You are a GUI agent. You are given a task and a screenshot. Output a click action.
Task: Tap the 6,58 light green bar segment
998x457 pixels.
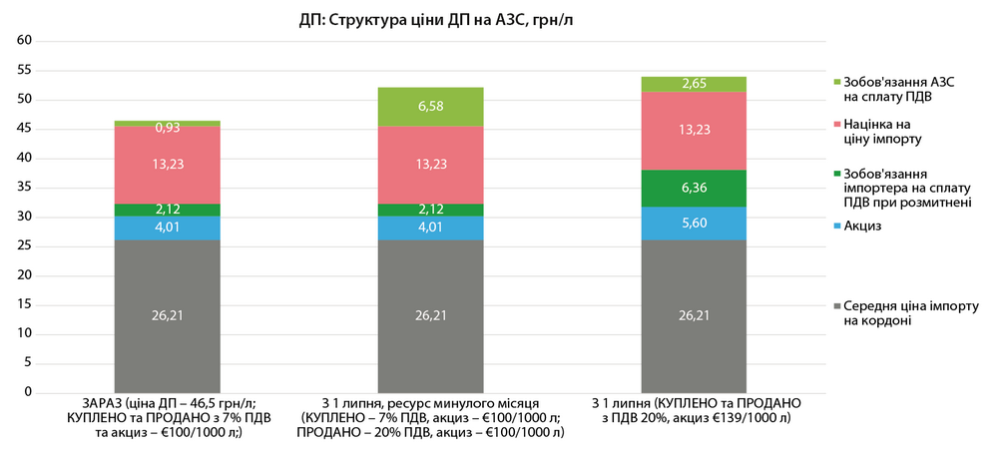pos(431,107)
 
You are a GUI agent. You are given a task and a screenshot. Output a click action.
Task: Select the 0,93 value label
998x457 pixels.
pos(168,128)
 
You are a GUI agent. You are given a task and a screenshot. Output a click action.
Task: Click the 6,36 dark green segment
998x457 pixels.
pos(694,189)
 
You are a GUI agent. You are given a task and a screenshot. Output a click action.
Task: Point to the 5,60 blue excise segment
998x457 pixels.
pos(694,224)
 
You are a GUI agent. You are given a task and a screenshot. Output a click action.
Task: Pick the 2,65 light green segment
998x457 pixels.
pos(694,84)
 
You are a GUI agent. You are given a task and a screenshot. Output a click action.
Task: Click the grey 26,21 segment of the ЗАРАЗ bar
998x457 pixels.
pos(168,316)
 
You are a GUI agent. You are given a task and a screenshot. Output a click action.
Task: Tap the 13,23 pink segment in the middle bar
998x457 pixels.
pos(431,165)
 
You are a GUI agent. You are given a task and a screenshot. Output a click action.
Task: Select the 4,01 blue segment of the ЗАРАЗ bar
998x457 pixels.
pos(168,228)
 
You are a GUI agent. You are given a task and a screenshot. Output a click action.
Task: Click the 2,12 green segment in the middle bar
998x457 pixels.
pos(431,210)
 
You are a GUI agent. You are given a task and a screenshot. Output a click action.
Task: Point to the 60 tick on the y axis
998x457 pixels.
pos(27,41)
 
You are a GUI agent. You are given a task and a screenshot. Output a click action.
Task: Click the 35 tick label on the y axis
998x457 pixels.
pos(27,188)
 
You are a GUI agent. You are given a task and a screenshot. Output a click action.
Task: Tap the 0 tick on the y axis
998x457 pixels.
pos(30,393)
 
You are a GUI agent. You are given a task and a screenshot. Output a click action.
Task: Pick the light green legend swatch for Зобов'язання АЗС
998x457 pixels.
pos(835,81)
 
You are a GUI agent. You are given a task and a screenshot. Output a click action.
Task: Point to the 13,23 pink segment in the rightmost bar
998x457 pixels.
pos(694,130)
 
